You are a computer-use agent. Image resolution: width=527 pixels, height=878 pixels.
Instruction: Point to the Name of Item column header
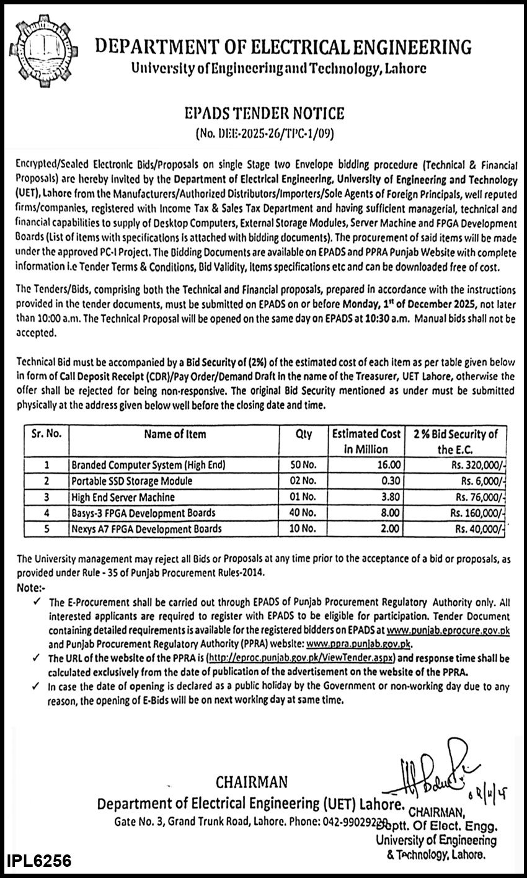click(175, 434)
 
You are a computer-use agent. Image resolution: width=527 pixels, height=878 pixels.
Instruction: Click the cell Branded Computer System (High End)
click(148, 464)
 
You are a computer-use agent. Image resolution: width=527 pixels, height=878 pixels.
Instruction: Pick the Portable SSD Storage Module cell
click(131, 481)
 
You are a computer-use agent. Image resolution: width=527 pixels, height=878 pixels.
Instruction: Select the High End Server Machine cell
click(123, 497)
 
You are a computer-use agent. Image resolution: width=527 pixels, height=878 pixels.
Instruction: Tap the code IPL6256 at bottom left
click(38, 861)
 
